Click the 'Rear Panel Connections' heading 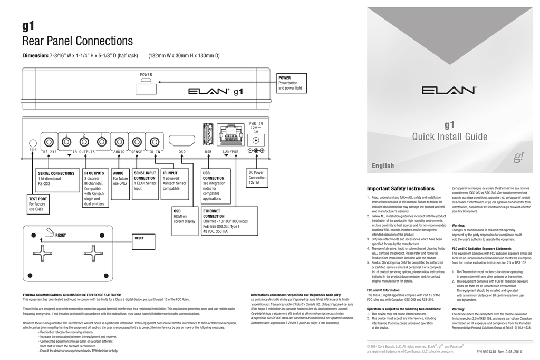[x=78, y=41]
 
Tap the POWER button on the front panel [x=146, y=89]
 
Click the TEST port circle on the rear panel [x=33, y=143]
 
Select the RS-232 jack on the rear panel [x=49, y=142]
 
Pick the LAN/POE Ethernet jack [x=230, y=135]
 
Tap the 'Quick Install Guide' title [x=449, y=138]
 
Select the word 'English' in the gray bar [x=383, y=166]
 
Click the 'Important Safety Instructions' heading [x=400, y=189]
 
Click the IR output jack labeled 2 [x=84, y=142]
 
